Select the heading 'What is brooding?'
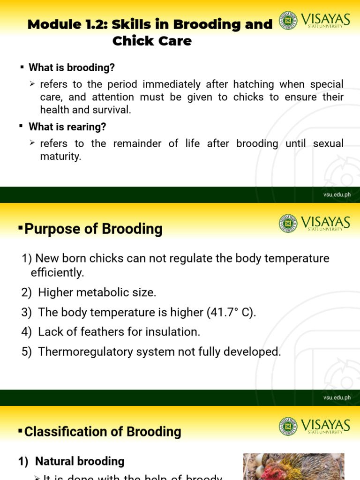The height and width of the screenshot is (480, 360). click(72, 67)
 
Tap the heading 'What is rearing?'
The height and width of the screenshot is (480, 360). click(67, 127)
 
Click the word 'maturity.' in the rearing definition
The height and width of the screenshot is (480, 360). click(60, 157)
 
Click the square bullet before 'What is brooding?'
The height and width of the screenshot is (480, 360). click(22, 67)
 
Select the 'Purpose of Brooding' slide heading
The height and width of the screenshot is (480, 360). click(93, 229)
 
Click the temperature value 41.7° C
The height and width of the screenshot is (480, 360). click(230, 312)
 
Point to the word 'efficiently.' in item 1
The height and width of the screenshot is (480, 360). click(57, 272)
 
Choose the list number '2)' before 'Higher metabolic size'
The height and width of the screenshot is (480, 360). click(26, 292)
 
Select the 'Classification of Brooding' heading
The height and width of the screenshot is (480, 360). click(103, 432)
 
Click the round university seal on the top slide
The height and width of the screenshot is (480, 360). click(288, 21)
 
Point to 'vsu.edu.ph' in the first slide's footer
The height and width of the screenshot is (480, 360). click(337, 195)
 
